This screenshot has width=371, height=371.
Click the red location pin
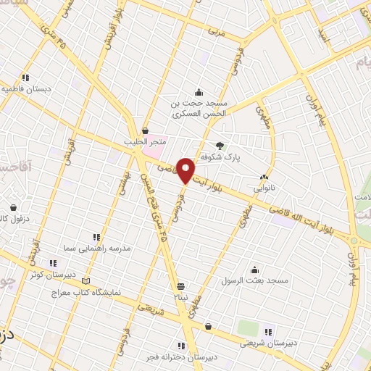point(185,170)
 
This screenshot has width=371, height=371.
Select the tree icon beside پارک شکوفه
point(220,144)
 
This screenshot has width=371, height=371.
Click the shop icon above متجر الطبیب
point(146,130)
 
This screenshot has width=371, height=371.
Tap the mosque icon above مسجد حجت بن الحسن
point(199,92)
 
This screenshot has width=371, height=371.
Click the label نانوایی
point(263,187)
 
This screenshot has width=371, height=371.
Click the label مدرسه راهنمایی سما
point(97,248)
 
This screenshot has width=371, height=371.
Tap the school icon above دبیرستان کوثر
point(52,263)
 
